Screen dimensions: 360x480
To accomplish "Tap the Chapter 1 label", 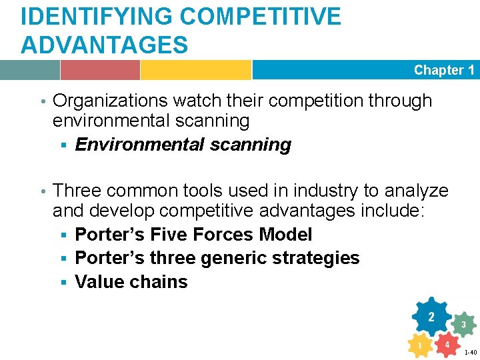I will coord(443,70).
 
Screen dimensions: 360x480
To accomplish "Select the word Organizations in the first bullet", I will coord(110,101).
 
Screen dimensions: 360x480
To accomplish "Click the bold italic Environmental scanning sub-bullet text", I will coord(183,145).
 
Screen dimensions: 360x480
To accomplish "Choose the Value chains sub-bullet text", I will coord(131,282).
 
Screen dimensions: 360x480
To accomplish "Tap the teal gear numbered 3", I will coord(463,325).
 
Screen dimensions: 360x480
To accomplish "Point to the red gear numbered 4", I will coord(447,345).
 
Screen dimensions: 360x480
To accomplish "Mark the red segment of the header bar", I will coord(100,70).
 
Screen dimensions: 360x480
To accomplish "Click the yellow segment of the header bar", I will coord(195,70).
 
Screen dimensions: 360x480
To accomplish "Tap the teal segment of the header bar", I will coord(29,70).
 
